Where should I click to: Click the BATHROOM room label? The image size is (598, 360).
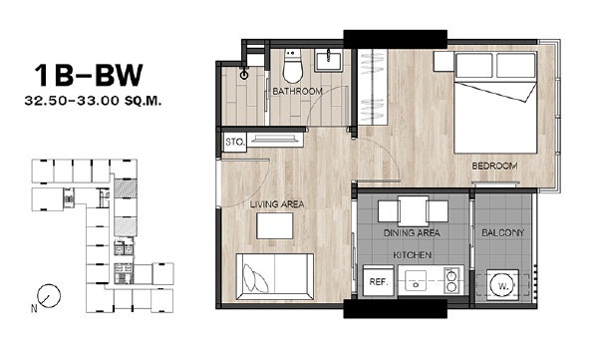(x=297, y=91)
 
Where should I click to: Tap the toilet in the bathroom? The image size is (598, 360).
(x=292, y=66)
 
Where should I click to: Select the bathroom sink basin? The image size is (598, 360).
(x=328, y=61)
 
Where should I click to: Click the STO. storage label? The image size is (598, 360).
(x=235, y=142)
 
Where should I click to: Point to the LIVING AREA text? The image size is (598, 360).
(x=277, y=204)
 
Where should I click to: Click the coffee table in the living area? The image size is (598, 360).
(x=275, y=226)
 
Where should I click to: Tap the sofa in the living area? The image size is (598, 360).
(x=275, y=276)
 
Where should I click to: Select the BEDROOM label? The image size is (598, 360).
(x=494, y=167)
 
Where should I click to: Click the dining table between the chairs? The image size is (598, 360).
(x=413, y=211)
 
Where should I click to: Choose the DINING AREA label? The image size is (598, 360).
(x=412, y=233)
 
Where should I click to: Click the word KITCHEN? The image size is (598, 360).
(x=413, y=255)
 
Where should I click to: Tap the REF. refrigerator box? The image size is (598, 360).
(x=379, y=281)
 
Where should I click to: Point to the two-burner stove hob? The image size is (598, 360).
(x=451, y=280)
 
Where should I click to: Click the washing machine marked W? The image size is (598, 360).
(x=502, y=285)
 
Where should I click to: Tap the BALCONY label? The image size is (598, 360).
(x=503, y=233)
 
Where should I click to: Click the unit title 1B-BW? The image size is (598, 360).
(x=89, y=75)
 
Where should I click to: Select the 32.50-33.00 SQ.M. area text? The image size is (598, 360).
(x=93, y=101)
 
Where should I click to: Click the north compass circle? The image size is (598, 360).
(x=49, y=296)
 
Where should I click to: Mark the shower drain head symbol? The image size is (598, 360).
(x=244, y=75)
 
